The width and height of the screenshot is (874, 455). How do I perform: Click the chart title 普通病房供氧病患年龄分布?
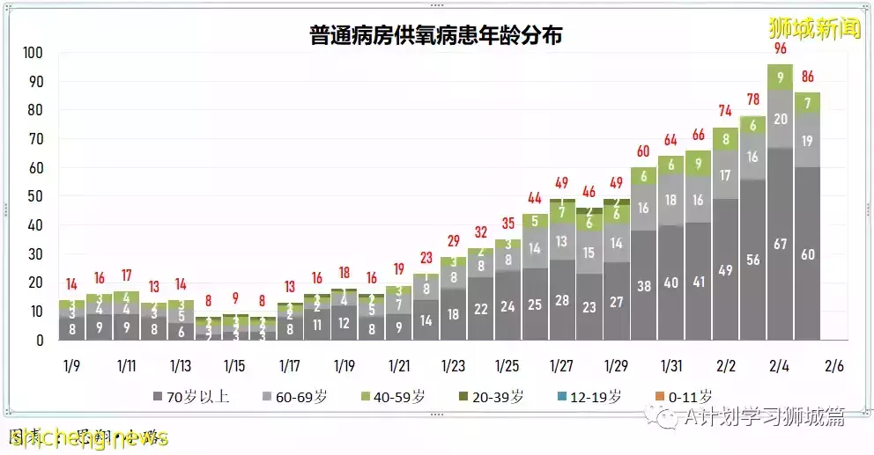[436, 36]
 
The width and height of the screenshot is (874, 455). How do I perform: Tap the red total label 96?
[780, 48]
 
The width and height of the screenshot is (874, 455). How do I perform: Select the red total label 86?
[807, 77]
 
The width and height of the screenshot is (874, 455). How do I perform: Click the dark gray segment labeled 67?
[780, 244]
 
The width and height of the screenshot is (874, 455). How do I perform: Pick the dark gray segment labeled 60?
[807, 254]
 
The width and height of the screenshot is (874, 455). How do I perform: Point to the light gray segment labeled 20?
[780, 119]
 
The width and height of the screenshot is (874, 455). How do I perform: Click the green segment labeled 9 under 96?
[780, 77]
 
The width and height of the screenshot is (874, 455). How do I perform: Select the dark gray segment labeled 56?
[752, 260]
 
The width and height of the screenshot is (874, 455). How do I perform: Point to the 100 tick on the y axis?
[33, 53]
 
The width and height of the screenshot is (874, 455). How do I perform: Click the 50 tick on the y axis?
[36, 196]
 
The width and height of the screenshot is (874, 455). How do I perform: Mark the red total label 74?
[725, 111]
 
